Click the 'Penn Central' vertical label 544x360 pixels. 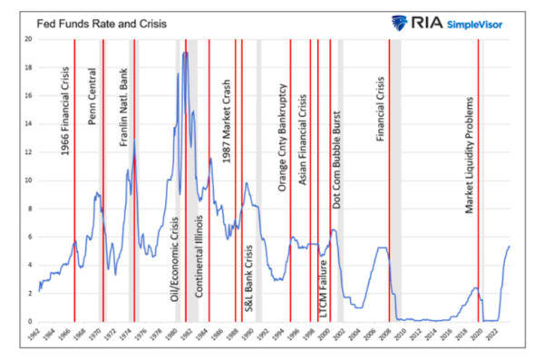point(92,96)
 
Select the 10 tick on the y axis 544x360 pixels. point(29,180)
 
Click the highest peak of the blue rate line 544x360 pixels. point(185,53)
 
